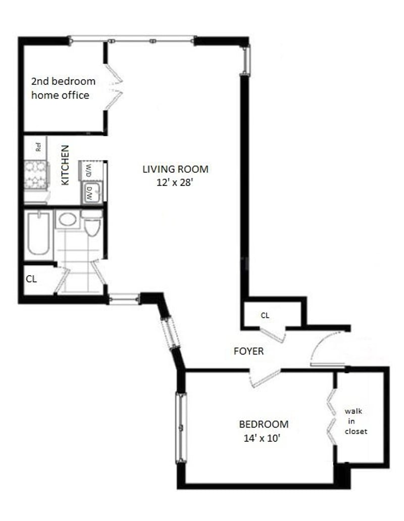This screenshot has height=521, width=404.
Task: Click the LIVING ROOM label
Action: (x=175, y=169)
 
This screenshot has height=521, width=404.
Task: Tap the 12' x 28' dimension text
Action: (x=175, y=182)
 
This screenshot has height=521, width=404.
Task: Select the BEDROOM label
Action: (x=264, y=424)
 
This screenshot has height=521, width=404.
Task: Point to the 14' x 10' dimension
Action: (x=262, y=438)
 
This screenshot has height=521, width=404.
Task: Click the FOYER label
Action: (x=248, y=351)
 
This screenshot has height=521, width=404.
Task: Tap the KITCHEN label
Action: (x=65, y=165)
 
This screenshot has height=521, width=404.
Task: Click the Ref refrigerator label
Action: (x=38, y=147)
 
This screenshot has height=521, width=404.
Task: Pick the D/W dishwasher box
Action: (x=91, y=193)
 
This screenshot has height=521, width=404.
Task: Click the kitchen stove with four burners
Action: (x=36, y=175)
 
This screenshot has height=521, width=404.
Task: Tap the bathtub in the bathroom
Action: (x=38, y=234)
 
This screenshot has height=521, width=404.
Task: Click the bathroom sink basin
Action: (x=68, y=219)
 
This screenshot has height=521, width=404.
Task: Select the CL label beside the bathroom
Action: (x=31, y=279)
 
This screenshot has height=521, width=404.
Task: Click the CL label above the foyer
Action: (x=265, y=316)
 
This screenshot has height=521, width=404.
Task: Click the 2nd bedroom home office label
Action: (x=63, y=88)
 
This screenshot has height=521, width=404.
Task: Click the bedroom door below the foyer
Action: (x=266, y=379)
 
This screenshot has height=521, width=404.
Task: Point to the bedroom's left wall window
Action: (x=181, y=428)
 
